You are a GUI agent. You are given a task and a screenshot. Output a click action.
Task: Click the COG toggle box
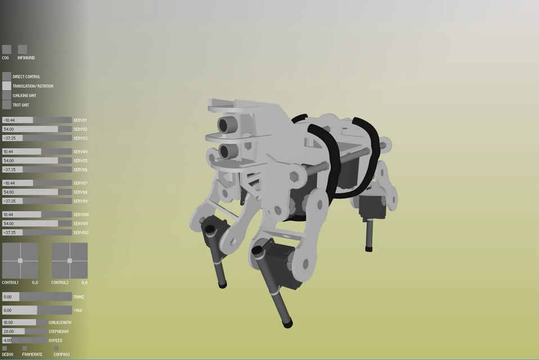(x=7, y=49)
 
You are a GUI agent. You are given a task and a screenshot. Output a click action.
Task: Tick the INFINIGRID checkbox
(x=23, y=49)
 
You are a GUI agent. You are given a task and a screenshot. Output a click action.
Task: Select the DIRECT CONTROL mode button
(x=7, y=76)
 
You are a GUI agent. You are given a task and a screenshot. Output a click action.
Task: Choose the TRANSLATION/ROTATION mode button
(x=7, y=86)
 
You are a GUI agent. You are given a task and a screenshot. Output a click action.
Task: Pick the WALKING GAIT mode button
(x=7, y=96)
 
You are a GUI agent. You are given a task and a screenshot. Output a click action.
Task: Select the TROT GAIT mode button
(x=7, y=105)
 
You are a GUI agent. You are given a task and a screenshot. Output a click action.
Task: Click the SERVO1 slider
(x=37, y=120)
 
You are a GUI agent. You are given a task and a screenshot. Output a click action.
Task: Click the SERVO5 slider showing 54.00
(x=37, y=161)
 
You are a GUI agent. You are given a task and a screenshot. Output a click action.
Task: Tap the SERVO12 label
(x=81, y=233)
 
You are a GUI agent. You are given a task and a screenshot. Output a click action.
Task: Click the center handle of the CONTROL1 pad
(x=20, y=260)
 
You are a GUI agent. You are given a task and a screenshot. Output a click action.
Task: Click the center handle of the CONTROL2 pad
(x=70, y=260)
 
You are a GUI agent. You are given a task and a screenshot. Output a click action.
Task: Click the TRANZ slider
(x=37, y=296)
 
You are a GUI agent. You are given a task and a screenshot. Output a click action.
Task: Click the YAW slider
(x=37, y=310)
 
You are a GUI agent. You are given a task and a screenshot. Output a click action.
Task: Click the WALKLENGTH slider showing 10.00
(x=25, y=322)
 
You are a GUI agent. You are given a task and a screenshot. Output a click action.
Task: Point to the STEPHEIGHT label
(x=59, y=331)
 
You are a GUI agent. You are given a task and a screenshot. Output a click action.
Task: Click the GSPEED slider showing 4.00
(x=25, y=340)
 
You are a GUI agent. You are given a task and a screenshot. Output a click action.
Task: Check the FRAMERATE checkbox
(x=25, y=349)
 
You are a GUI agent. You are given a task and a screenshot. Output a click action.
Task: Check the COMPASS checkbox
(x=56, y=349)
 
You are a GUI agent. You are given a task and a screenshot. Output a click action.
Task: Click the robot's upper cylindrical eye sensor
(x=227, y=124)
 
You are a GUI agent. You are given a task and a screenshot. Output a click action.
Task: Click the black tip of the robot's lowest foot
(x=288, y=323)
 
